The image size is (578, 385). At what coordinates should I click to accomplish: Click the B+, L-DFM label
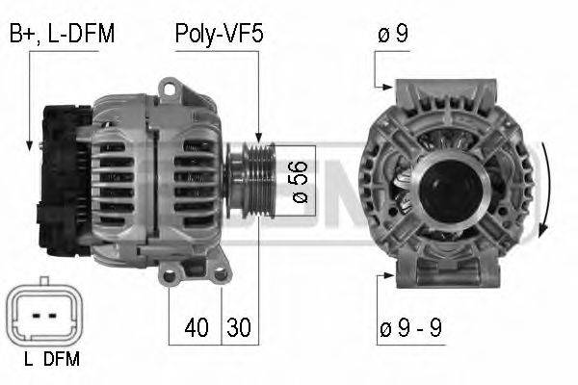(62, 35)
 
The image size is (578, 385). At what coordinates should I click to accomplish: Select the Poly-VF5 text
(219, 35)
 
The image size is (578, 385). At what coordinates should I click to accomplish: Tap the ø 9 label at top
(393, 35)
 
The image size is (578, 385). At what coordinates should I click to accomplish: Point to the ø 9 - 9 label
(409, 328)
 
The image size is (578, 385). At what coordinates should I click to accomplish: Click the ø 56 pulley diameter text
(300, 180)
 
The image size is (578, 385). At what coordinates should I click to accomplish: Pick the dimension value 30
(238, 328)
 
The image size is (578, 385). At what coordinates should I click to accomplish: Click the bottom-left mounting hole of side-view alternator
(171, 277)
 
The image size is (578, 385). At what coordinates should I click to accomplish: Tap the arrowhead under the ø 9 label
(384, 85)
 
